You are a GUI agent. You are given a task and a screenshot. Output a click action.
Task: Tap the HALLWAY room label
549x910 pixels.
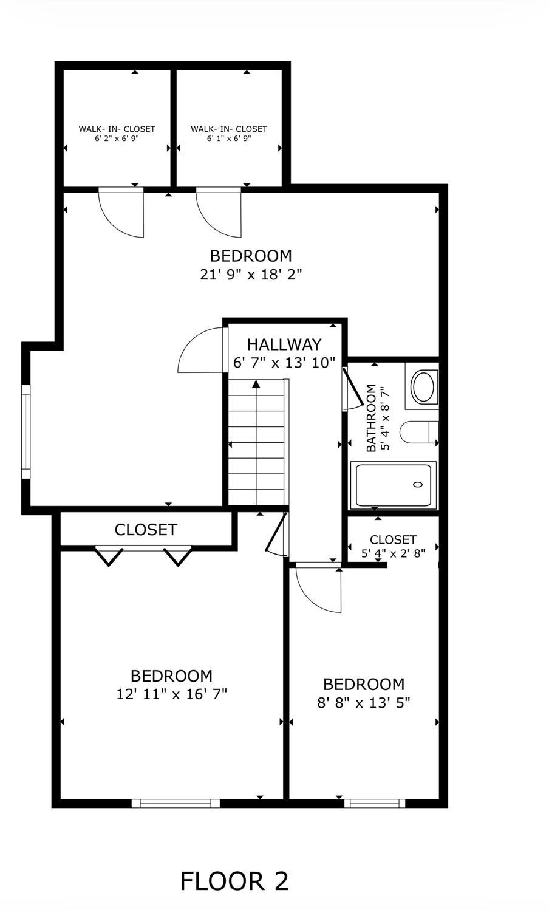click(x=284, y=344)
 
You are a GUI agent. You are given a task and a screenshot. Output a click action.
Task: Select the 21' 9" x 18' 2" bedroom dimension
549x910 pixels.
click(x=251, y=275)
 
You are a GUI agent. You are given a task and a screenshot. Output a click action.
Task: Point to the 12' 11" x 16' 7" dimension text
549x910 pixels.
click(x=172, y=694)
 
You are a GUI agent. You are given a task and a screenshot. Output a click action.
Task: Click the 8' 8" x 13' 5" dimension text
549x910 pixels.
click(x=364, y=702)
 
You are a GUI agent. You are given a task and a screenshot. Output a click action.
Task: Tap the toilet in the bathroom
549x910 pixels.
click(x=419, y=432)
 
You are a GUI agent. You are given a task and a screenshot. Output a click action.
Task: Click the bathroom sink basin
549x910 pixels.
click(x=423, y=386)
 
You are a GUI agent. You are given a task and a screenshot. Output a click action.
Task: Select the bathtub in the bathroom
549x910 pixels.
click(x=393, y=485)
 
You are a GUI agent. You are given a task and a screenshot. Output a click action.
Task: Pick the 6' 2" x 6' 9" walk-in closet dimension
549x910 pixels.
click(x=117, y=138)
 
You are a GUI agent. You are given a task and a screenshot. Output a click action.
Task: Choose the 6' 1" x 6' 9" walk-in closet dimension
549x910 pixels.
click(x=229, y=138)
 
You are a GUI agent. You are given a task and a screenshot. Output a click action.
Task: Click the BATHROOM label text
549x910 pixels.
click(x=371, y=418)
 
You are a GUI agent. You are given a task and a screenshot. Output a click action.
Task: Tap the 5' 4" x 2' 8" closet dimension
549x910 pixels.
click(x=393, y=553)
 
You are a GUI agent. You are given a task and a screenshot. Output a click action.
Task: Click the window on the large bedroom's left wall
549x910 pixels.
click(x=26, y=432)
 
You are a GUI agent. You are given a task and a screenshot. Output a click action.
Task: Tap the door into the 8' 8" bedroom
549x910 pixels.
click(x=319, y=587)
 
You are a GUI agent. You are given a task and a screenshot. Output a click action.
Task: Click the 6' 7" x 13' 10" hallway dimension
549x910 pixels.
click(x=284, y=363)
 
